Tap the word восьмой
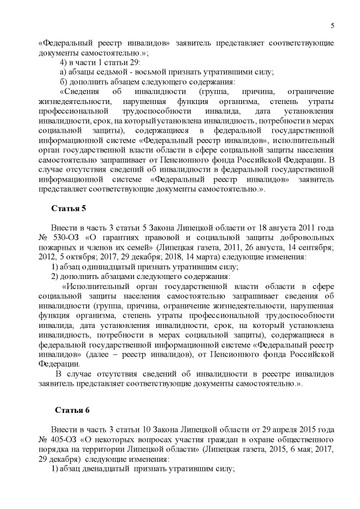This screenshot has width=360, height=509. pos(146,71)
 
